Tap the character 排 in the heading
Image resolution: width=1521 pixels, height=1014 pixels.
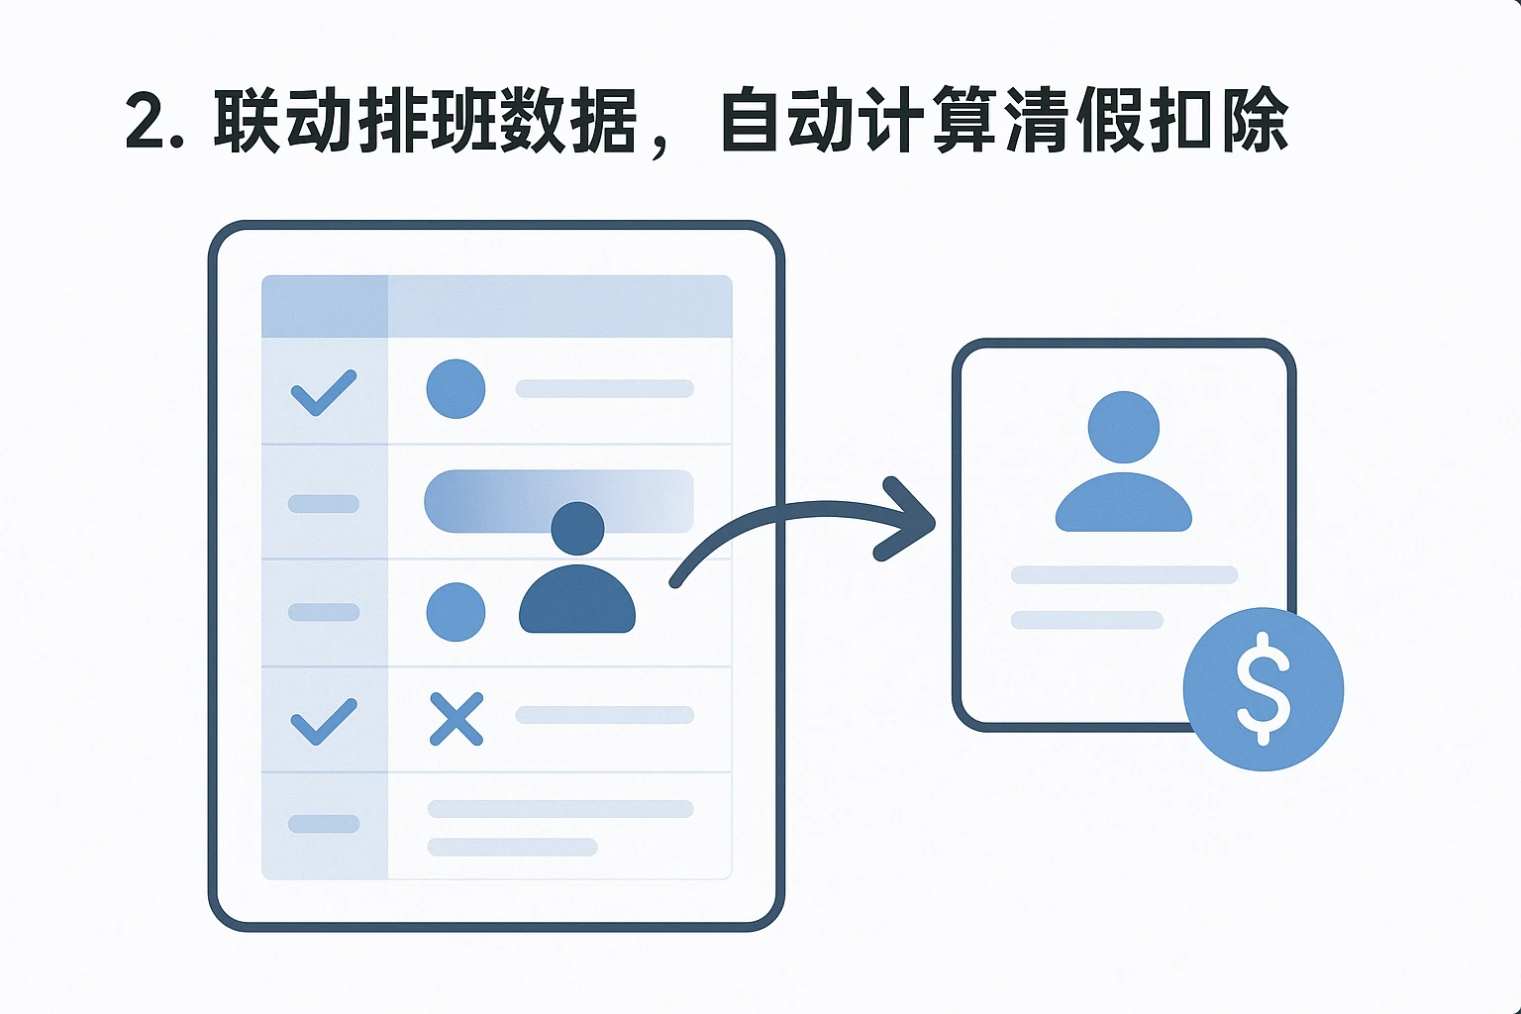pyautogui.click(x=391, y=122)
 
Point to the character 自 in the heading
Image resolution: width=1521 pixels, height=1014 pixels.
pyautogui.click(x=750, y=122)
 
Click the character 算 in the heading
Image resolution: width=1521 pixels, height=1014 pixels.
pyautogui.click(x=963, y=122)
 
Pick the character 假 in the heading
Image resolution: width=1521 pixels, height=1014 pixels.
pyautogui.click(x=1110, y=122)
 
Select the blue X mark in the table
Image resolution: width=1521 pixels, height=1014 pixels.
pyautogui.click(x=456, y=718)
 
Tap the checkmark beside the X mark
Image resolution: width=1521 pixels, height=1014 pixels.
pyautogui.click(x=323, y=721)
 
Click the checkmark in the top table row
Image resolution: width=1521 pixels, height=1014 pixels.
pyautogui.click(x=323, y=392)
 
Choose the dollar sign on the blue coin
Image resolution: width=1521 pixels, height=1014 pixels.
pyautogui.click(x=1264, y=688)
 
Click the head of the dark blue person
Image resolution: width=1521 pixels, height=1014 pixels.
pyautogui.click(x=577, y=528)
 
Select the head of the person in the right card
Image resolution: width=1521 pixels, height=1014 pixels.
pyautogui.click(x=1123, y=427)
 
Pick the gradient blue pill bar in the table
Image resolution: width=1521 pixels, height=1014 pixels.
pyautogui.click(x=495, y=501)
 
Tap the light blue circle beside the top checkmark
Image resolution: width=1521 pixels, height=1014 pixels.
pyautogui.click(x=456, y=388)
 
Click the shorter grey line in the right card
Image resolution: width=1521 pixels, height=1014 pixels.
pyautogui.click(x=1086, y=620)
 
